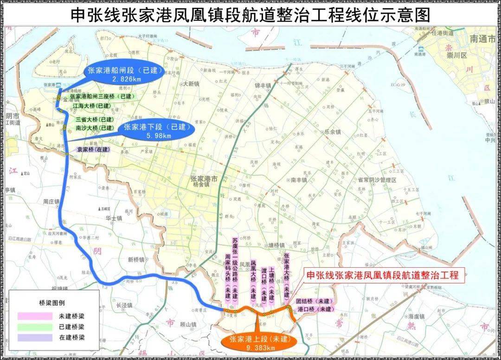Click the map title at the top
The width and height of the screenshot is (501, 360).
[250, 15]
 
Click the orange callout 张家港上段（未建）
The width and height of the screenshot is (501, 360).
[258, 343]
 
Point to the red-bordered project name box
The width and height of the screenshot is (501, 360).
[382, 275]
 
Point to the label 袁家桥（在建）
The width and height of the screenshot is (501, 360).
[94, 149]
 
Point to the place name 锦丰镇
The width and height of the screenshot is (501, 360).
[263, 86]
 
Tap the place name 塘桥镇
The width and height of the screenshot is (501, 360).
[276, 245]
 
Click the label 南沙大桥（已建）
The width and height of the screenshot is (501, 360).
[95, 128]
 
